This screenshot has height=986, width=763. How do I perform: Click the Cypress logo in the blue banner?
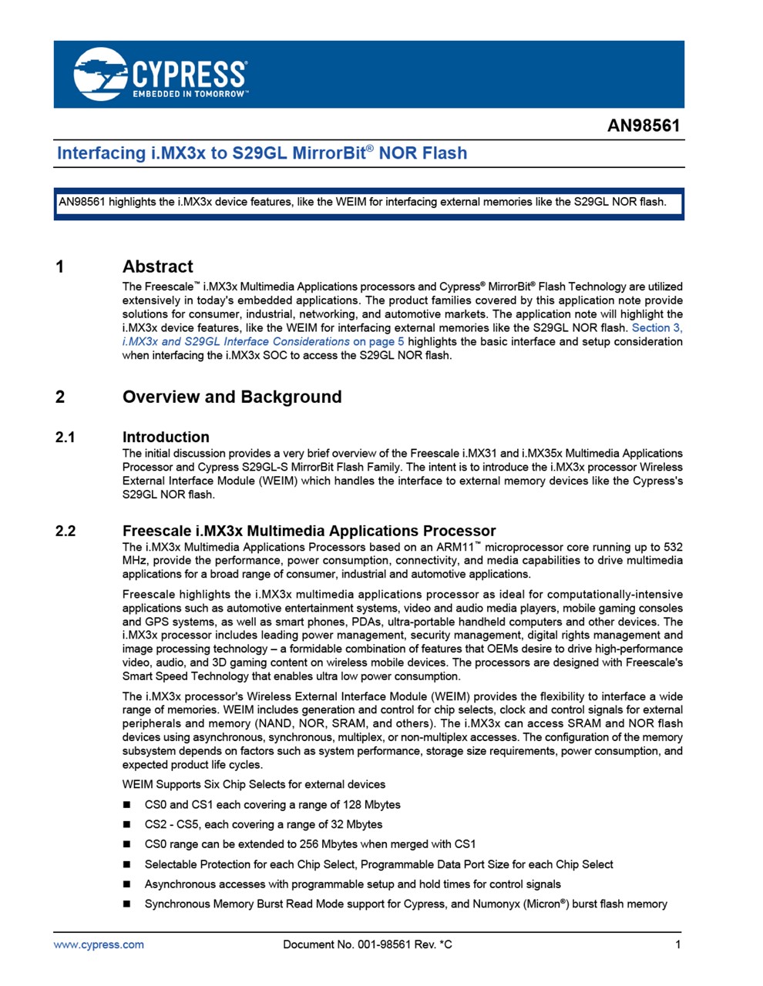(160, 74)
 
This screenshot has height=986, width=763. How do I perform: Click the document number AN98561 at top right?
(644, 126)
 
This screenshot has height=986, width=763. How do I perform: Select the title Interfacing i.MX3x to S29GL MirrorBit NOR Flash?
(262, 153)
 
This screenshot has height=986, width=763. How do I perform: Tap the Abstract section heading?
(157, 267)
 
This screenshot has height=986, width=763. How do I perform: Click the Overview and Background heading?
(231, 397)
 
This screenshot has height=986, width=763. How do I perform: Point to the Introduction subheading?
(166, 437)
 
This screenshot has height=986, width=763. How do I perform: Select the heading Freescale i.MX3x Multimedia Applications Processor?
(308, 531)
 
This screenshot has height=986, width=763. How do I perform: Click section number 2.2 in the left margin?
(66, 531)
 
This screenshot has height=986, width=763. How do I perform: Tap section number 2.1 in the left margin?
(66, 437)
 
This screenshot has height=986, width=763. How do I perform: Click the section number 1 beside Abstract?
(60, 267)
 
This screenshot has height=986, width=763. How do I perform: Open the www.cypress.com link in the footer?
(98, 944)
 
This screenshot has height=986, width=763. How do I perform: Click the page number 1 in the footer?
(677, 944)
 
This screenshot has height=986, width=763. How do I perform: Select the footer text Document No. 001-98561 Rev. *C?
(367, 944)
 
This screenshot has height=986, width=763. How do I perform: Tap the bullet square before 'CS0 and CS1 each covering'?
(127, 805)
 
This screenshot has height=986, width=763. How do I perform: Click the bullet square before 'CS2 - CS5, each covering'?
(127, 825)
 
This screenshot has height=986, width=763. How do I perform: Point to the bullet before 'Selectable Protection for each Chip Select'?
(127, 865)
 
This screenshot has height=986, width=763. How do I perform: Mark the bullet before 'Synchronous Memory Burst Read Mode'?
(127, 904)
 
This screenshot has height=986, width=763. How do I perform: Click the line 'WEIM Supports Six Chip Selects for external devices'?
(254, 784)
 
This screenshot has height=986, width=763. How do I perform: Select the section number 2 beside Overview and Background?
(60, 397)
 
